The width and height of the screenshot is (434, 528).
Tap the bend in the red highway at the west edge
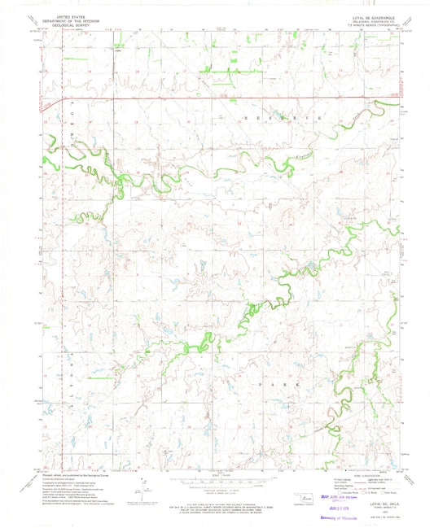point(63,101)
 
